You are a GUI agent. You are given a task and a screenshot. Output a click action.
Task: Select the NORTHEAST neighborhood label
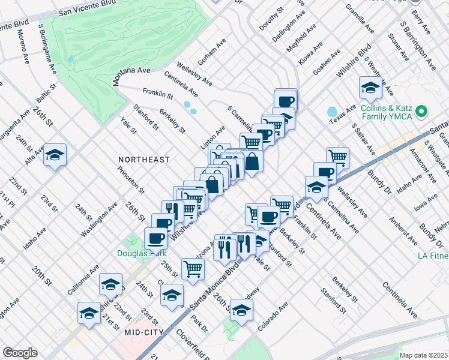144,160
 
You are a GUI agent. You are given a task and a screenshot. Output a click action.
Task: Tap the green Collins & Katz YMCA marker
421,111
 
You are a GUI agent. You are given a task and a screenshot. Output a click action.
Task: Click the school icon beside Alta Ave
55,155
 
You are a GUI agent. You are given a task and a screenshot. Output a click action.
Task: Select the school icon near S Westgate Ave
370,88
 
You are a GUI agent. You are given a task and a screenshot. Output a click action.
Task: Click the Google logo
20,353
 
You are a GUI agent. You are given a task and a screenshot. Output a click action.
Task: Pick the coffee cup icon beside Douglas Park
156,238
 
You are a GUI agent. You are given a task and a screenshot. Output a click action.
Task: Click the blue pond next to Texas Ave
332,112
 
